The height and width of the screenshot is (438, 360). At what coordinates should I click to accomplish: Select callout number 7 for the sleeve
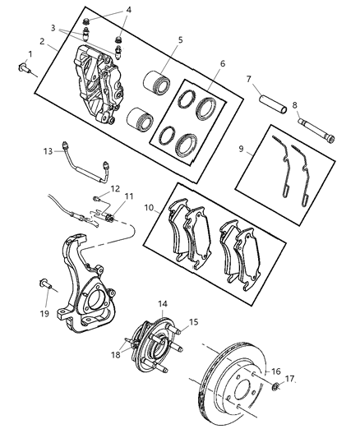coord(248,79)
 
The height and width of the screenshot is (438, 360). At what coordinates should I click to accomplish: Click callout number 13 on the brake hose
coord(48,151)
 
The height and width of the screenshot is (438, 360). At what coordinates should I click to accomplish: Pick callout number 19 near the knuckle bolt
coord(45,313)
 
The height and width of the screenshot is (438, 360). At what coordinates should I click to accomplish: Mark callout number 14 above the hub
coord(163,304)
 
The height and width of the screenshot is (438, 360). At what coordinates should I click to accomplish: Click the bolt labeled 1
coord(22,70)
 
